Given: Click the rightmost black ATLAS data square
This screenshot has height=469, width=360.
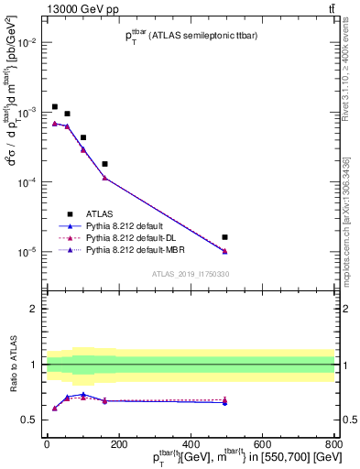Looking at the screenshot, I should click(x=225, y=237).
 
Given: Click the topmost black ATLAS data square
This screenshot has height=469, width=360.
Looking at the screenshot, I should click(x=55, y=107).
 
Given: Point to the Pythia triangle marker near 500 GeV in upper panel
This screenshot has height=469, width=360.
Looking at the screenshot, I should click(x=225, y=251).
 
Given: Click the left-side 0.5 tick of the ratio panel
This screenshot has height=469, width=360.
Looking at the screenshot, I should click(x=30, y=420).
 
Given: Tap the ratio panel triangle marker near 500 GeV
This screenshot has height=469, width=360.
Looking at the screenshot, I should click(x=225, y=401).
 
